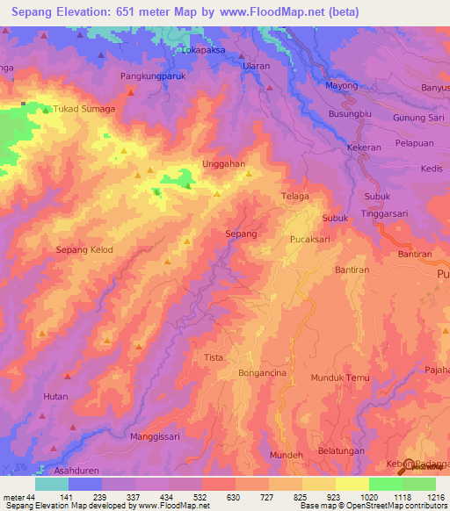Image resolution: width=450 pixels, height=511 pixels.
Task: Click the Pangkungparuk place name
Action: click(156, 76)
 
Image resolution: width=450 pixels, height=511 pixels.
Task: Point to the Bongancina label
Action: click(263, 373)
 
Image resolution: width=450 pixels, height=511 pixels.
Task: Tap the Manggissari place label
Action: click(155, 435)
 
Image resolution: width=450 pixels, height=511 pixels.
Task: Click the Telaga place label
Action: click(294, 197)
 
